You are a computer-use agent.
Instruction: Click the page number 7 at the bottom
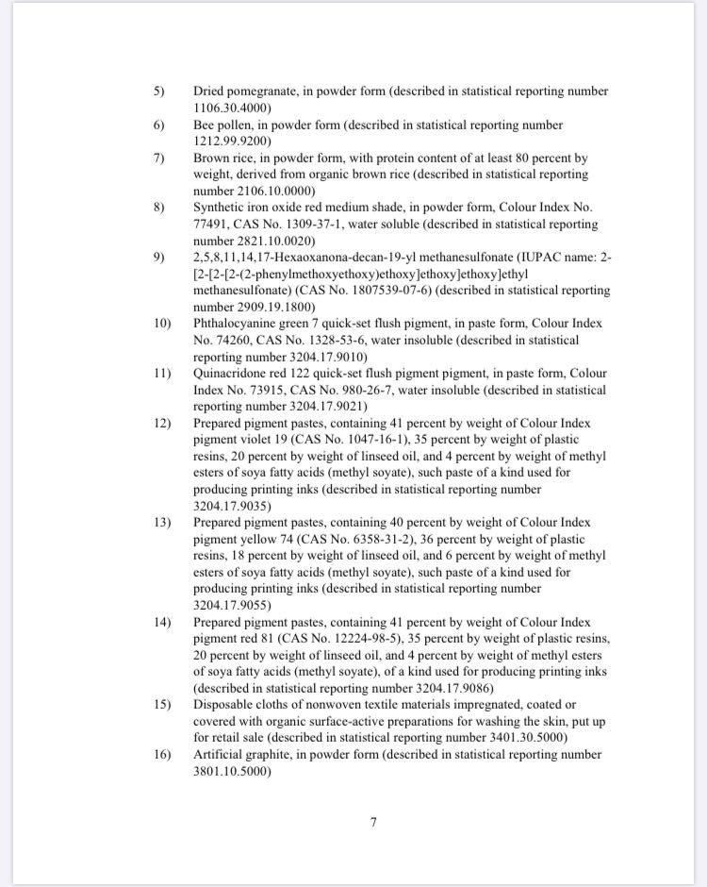373,822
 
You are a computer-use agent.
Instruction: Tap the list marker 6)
159,126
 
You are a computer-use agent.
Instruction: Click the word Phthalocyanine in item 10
236,324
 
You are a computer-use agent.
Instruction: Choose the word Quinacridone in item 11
231,373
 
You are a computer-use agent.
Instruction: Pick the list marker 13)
162,523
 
